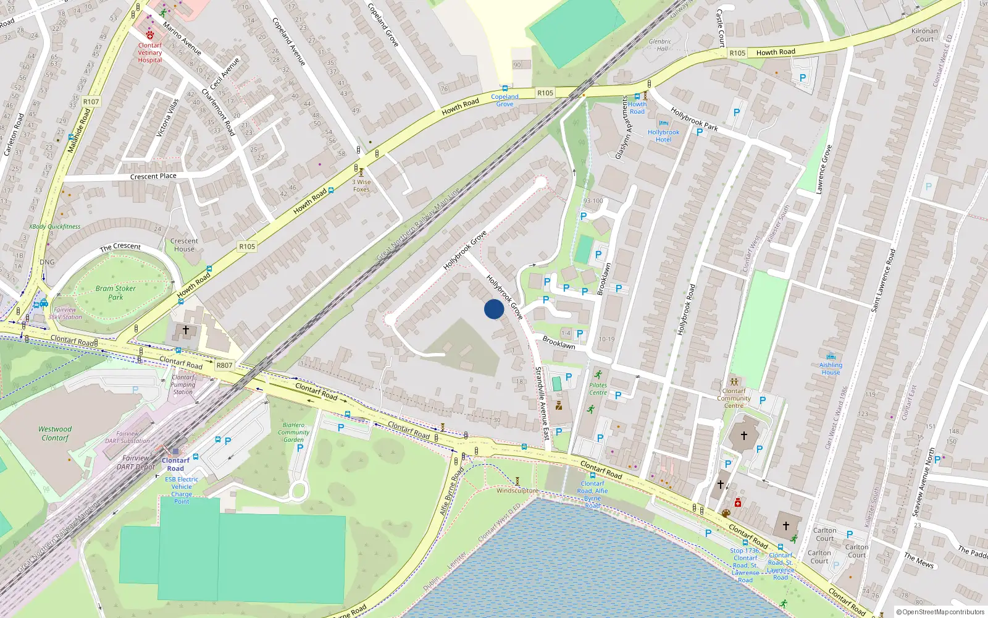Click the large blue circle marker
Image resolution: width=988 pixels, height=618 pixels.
click(494, 309)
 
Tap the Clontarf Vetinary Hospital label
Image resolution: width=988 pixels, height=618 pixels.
click(150, 53)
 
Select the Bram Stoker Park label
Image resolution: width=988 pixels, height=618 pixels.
click(115, 293)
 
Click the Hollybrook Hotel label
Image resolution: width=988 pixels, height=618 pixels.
click(663, 136)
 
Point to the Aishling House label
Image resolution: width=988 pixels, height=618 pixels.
click(831, 368)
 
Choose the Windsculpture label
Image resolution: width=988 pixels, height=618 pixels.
click(517, 491)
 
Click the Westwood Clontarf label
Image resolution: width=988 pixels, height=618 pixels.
click(55, 433)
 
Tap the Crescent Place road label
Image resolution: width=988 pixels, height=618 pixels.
click(153, 176)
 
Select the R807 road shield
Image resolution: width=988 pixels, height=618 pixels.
click(224, 365)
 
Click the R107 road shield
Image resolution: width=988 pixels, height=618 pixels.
click(91, 101)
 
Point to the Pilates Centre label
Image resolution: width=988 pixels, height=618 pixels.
click(598, 389)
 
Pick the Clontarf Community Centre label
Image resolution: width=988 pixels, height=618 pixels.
click(734, 398)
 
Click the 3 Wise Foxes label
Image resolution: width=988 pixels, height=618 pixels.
click(362, 185)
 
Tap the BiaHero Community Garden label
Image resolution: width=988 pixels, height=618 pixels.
click(293, 432)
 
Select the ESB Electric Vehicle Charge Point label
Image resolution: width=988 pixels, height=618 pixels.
click(182, 490)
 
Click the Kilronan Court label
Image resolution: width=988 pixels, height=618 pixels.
click(924, 35)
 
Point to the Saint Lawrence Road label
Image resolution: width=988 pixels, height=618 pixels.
click(883, 279)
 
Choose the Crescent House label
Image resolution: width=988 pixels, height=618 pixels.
click(184, 245)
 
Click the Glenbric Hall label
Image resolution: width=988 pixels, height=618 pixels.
click(660, 45)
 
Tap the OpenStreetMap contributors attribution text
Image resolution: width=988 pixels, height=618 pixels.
click(940, 612)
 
